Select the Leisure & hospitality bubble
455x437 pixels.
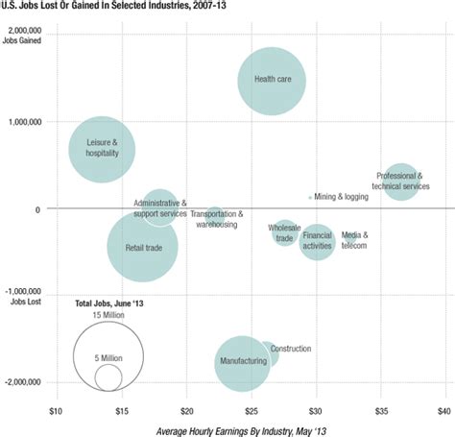[x=101, y=149]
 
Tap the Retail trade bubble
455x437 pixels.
[x=143, y=247]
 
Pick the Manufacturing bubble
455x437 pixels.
[x=242, y=362]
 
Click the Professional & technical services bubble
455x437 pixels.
[x=401, y=181]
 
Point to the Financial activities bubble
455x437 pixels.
[x=317, y=240]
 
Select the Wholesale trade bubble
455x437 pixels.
[x=284, y=232]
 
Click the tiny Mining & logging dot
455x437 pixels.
[x=310, y=197]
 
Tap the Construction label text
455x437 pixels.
[x=290, y=349]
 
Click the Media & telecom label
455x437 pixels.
[x=354, y=239]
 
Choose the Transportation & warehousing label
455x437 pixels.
[x=216, y=219]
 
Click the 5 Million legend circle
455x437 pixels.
[x=108, y=377]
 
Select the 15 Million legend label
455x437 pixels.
[x=108, y=314]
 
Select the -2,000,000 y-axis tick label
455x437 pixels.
[x=24, y=381]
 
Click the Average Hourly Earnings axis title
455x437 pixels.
[x=250, y=429]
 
